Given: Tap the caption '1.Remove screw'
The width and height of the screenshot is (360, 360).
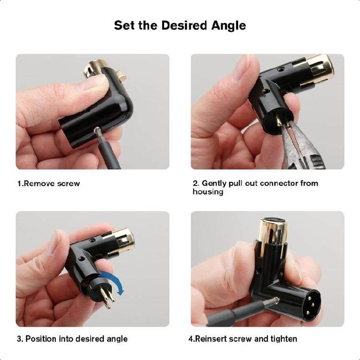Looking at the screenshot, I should pos(48,183).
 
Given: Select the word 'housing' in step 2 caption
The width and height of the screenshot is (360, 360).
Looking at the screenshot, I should pos(208,192).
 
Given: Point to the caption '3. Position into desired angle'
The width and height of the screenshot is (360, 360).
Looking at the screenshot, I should pos(72,339).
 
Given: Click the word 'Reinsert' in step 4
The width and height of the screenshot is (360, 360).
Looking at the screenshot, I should pos(214,339).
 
